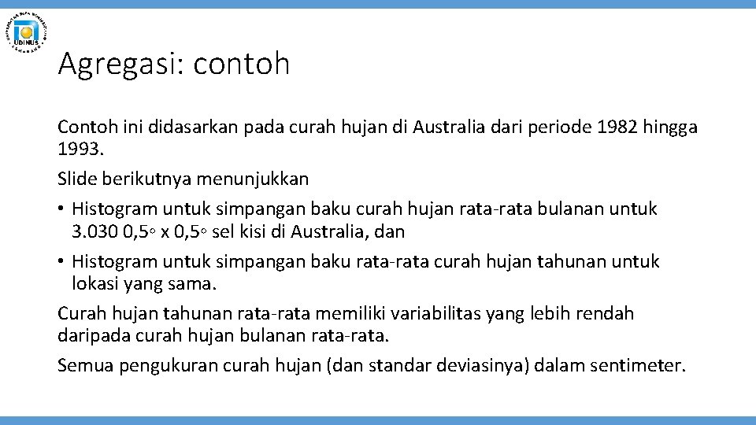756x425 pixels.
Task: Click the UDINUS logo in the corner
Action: (28, 32)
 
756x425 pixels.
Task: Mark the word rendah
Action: (605, 313)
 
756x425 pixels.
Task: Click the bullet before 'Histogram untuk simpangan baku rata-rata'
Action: (61, 261)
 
